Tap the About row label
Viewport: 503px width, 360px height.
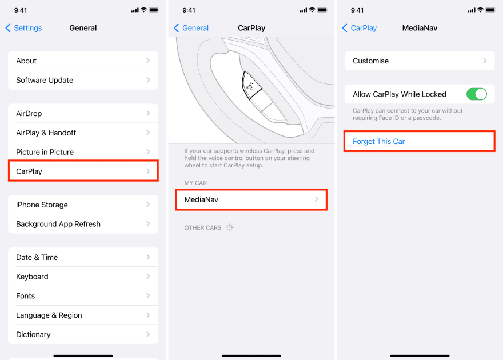tap(26, 61)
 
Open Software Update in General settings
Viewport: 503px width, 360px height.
tap(45, 80)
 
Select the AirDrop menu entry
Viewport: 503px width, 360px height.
tap(29, 114)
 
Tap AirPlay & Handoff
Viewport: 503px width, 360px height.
tap(46, 133)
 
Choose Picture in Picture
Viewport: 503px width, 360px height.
tap(45, 152)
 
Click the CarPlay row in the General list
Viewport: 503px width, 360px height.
tap(83, 171)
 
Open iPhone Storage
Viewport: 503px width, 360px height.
tap(42, 205)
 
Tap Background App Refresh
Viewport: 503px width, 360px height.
tap(58, 224)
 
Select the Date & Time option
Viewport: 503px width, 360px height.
tap(37, 257)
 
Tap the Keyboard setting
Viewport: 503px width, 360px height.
tap(32, 277)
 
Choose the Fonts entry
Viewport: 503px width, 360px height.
tap(25, 296)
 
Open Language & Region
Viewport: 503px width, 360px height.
tap(49, 315)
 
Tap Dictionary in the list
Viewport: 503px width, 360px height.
tap(33, 334)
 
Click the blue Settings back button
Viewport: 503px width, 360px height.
tap(24, 28)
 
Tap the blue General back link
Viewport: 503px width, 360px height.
tap(191, 28)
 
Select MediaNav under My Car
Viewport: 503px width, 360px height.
tap(251, 199)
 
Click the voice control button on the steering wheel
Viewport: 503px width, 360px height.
tap(251, 86)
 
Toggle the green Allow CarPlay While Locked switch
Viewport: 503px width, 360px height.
tap(476, 94)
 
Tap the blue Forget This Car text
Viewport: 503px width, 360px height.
tap(378, 141)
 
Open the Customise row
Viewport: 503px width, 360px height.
tap(420, 61)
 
